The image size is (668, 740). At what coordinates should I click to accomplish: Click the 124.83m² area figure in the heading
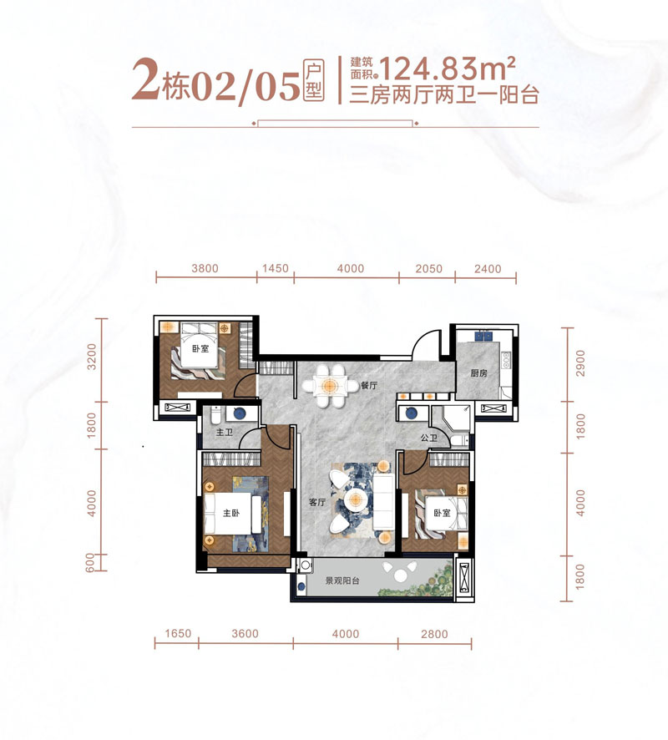click(x=446, y=68)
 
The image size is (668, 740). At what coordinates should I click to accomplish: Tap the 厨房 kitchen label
click(x=478, y=373)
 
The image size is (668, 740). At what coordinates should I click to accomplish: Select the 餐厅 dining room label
click(x=369, y=386)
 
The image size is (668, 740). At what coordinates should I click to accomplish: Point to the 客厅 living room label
click(x=317, y=502)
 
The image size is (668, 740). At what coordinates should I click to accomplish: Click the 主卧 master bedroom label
click(x=231, y=513)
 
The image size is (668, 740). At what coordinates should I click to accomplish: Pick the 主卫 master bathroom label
click(x=225, y=433)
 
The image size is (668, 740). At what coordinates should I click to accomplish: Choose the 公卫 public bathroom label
click(x=429, y=438)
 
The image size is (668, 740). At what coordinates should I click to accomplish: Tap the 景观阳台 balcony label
click(x=342, y=580)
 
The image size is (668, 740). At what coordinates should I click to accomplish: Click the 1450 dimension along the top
click(x=275, y=269)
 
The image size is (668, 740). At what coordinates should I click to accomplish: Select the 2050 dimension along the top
click(x=429, y=269)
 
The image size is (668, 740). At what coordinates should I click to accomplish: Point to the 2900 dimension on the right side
click(x=580, y=363)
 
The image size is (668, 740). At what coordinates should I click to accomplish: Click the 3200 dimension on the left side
click(x=92, y=357)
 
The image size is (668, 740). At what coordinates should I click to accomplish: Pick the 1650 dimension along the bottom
click(x=178, y=633)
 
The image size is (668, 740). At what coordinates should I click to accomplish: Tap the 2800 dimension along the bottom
click(x=434, y=634)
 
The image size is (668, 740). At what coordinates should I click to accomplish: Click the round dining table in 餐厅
click(x=330, y=386)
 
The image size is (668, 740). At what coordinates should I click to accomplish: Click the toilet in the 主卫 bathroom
click(x=215, y=414)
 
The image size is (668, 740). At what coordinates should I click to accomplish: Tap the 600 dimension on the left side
click(x=89, y=563)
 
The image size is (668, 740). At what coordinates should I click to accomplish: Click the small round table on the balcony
click(x=400, y=575)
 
